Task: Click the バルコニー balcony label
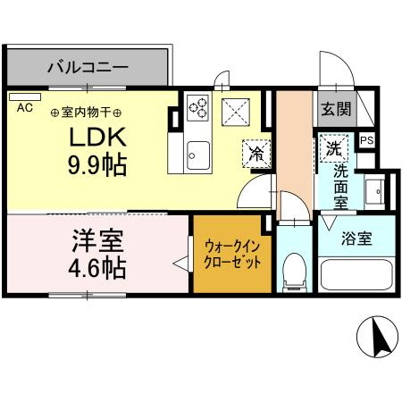(x=87, y=66)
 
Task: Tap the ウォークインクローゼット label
(x=232, y=255)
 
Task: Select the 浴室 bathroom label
(x=356, y=239)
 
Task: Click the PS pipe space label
(x=364, y=140)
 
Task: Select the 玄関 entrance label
(x=336, y=110)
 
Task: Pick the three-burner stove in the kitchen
(x=197, y=110)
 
